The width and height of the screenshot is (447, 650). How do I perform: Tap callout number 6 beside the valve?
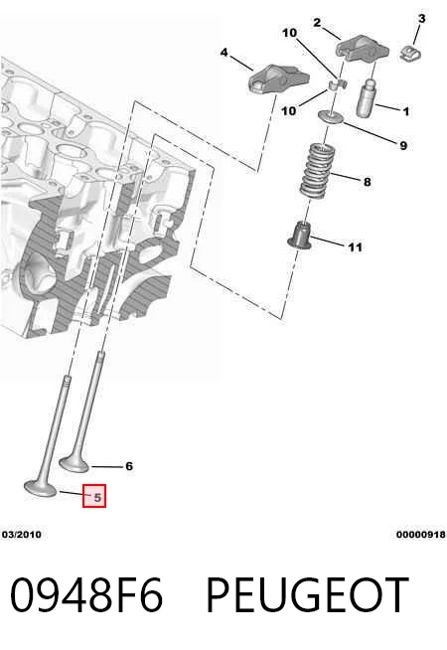(129, 466)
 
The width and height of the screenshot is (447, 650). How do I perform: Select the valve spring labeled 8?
(317, 170)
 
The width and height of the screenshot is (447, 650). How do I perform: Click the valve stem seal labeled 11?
(300, 236)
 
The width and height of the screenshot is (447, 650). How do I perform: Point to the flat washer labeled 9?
(331, 117)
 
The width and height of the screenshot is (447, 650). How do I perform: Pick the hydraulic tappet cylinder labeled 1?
(367, 97)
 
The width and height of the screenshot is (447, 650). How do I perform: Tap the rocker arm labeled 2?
(362, 50)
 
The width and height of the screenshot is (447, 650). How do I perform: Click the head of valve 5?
(40, 488)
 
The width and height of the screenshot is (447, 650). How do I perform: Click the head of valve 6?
(74, 463)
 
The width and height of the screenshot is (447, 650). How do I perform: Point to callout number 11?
(355, 247)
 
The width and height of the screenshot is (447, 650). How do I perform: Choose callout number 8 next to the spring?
(368, 182)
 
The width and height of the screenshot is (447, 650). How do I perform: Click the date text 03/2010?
(22, 535)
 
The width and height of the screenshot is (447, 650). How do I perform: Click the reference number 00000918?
(421, 535)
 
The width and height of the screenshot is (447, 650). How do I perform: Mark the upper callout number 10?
(290, 33)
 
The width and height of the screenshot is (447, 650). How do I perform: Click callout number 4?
(224, 53)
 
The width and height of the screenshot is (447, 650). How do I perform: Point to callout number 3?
(422, 18)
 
